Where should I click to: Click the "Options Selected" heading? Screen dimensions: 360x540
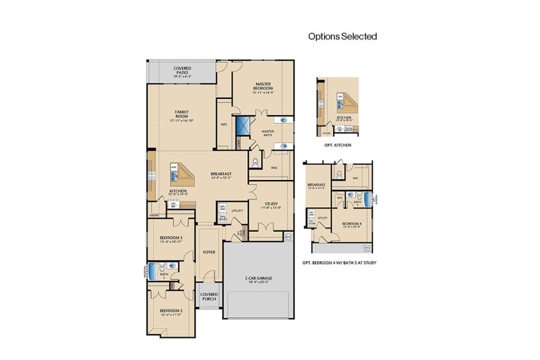pyautogui.click(x=343, y=36)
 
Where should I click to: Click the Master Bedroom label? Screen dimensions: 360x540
pyautogui.click(x=264, y=88)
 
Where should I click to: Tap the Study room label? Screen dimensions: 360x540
pyautogui.click(x=268, y=205)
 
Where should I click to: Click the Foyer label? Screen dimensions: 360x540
pyautogui.click(x=208, y=253)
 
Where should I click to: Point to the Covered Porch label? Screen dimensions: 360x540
pyautogui.click(x=209, y=296)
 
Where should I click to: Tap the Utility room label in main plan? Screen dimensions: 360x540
pyautogui.click(x=236, y=211)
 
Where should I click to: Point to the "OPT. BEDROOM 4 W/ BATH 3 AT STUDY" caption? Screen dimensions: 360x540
pyautogui.click(x=340, y=262)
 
